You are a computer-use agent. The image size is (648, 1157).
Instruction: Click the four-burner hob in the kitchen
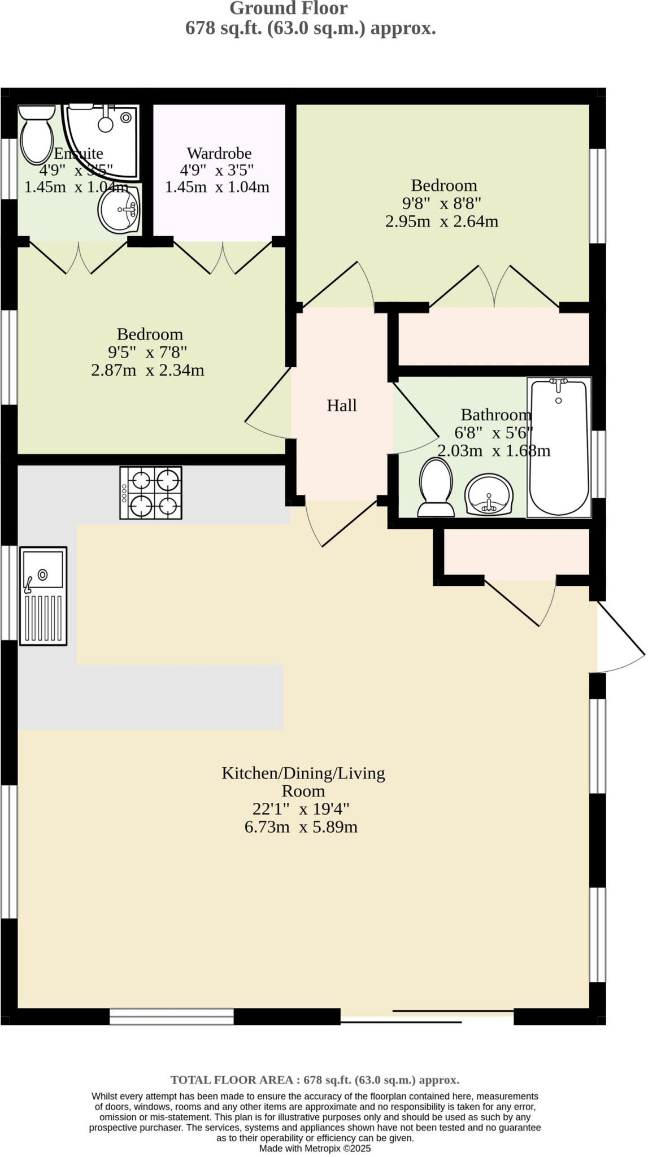[x=151, y=492]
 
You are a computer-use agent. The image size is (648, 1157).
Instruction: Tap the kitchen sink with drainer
[x=44, y=595]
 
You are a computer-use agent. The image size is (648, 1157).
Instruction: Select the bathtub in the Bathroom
[x=559, y=447]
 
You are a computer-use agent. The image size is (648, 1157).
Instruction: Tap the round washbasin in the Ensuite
[x=119, y=210]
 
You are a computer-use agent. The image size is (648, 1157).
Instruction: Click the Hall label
[x=342, y=406]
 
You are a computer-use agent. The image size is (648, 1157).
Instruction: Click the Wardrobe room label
[x=219, y=153]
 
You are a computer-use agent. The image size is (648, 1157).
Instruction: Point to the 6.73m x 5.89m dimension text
[x=301, y=827]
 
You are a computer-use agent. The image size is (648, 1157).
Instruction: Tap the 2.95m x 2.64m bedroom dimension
[x=442, y=221]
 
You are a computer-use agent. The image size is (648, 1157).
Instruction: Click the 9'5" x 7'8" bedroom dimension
[x=148, y=353]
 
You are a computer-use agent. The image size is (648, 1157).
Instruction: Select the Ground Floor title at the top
[x=288, y=8]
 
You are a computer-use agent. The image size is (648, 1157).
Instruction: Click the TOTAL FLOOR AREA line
[x=315, y=1080]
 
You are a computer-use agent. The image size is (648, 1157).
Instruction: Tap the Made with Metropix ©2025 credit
[x=315, y=1149]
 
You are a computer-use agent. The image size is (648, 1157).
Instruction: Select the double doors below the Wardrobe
[x=223, y=259]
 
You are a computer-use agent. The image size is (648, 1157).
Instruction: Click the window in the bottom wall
[x=171, y=1017]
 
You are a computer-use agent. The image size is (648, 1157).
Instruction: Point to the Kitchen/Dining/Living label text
[x=303, y=773]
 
